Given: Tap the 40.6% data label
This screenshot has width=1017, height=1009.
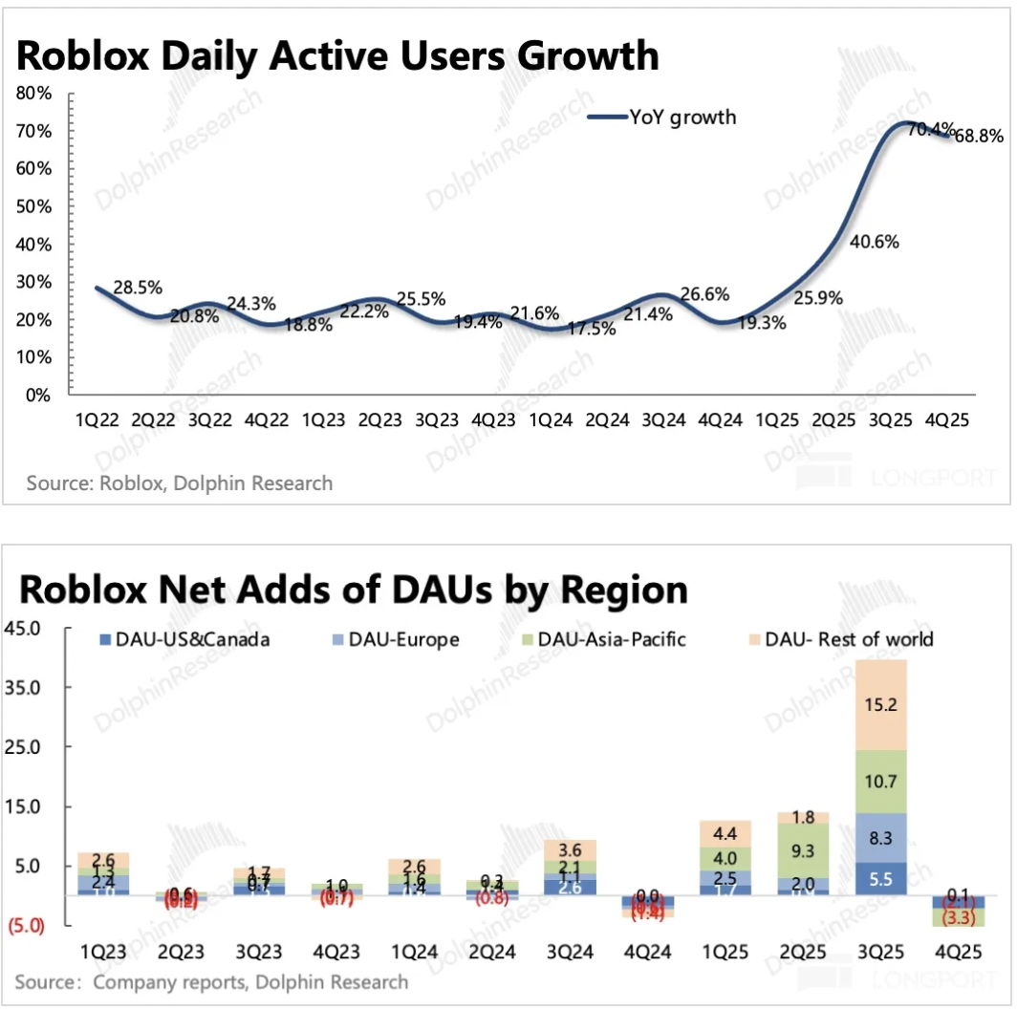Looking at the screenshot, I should tap(875, 242).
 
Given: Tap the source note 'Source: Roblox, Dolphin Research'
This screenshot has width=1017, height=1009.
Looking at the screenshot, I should tap(180, 483).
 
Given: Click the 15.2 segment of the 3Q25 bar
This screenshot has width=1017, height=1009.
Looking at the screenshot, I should tap(879, 705).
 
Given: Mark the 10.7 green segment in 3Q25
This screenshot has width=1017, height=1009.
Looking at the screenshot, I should tap(879, 782).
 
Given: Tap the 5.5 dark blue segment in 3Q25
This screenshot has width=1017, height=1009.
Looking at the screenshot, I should tap(879, 877).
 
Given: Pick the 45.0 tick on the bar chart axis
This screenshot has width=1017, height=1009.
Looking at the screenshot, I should tap(25, 629).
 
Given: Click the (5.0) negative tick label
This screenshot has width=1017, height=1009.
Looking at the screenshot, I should tap(25, 926).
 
